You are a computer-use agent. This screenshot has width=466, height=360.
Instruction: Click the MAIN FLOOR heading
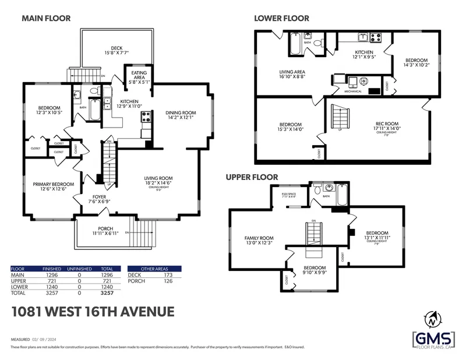[x=46, y=18]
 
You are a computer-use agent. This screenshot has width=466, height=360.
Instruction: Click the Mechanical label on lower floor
[x=352, y=91]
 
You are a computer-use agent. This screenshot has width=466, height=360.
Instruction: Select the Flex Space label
[x=289, y=195]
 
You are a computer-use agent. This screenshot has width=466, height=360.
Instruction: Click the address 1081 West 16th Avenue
[x=93, y=312]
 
